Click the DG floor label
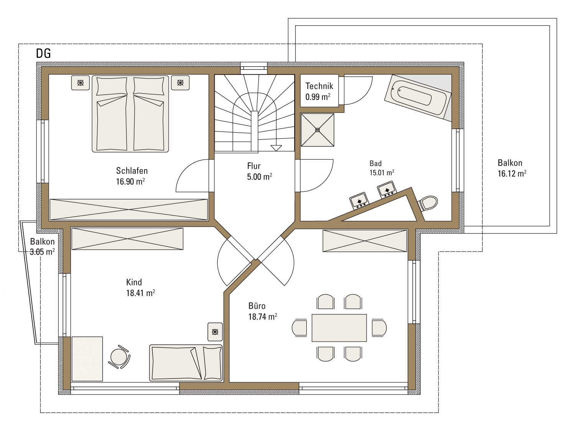pos(43,53)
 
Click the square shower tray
pos(317,130)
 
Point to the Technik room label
pos(319,86)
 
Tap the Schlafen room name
pos(132,171)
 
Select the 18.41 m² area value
pos(141,293)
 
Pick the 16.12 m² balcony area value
pos(512,173)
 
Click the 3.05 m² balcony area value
pos(42,252)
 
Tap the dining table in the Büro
pos(339,328)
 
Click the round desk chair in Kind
pos(119,357)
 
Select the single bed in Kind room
pos(186,363)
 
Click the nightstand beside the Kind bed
pos(215,332)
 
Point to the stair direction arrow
pos(276,148)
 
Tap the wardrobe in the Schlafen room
pos(129,210)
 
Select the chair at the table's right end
pos(379,327)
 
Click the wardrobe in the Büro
pos(365,241)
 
